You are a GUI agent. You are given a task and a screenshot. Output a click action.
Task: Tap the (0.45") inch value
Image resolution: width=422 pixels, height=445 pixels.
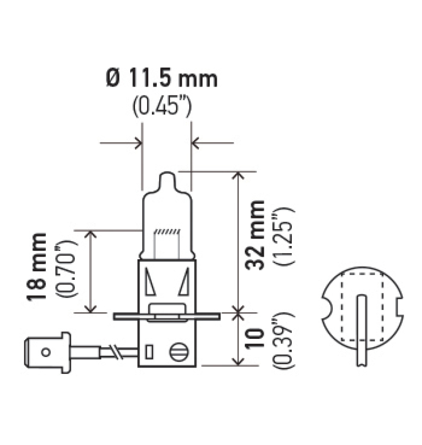(161, 107)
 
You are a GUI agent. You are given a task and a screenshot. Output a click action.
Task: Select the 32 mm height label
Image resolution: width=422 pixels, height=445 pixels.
(257, 234)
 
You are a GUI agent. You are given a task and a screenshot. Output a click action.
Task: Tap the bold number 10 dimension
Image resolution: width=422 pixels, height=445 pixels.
(257, 338)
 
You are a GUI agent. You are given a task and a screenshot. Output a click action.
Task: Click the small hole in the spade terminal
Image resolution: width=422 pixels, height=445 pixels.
(46, 352)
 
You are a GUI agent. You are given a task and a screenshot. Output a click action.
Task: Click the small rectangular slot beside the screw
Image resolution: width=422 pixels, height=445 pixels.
(149, 351)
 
